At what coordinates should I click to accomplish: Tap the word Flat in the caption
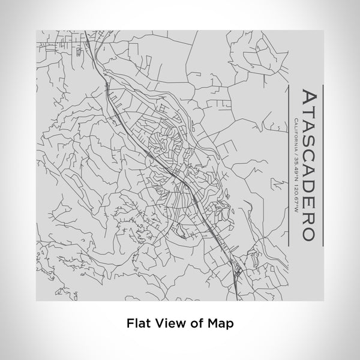[137, 323]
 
